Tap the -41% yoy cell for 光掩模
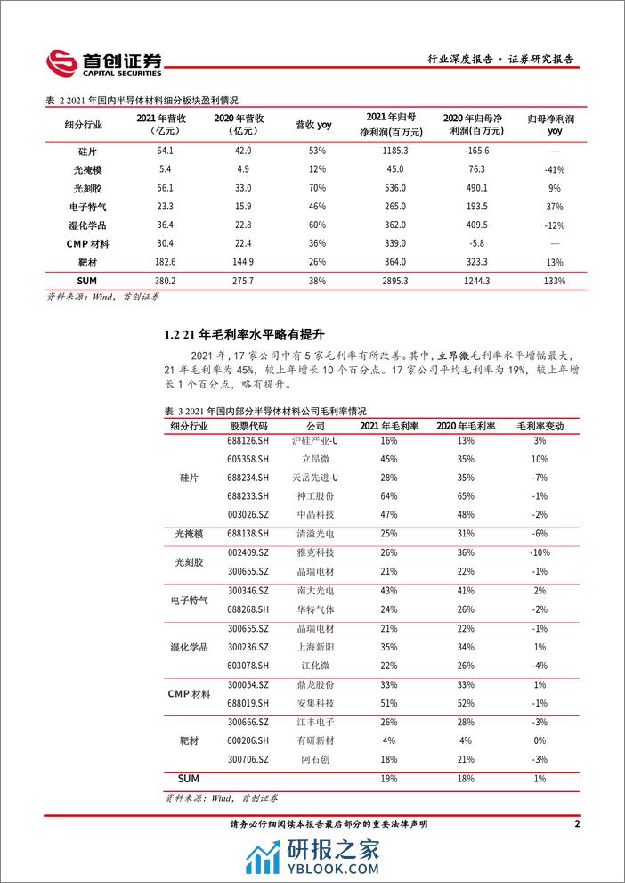[x=555, y=169]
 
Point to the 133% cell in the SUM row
[x=555, y=281]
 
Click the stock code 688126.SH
[x=241, y=441]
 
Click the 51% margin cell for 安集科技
[x=388, y=703]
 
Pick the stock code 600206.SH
[x=241, y=740]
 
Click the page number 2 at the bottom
[x=578, y=824]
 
